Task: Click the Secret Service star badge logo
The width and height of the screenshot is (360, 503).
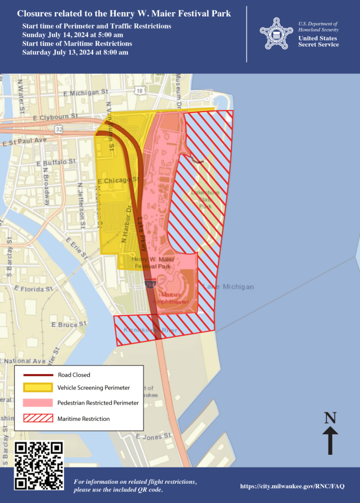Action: [276, 33]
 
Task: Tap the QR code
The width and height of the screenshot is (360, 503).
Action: [39, 465]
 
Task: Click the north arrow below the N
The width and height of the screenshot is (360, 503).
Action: [330, 440]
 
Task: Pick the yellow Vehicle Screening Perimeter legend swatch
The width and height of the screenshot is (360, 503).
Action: [37, 387]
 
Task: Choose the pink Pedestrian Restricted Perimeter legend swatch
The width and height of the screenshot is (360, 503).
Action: [37, 403]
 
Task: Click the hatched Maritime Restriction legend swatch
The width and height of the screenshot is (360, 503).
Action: [37, 418]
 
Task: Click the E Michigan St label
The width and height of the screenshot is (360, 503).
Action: [86, 92]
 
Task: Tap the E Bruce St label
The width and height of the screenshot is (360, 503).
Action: [69, 325]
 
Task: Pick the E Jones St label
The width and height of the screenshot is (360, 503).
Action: [153, 436]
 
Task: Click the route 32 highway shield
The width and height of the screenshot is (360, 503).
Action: [59, 129]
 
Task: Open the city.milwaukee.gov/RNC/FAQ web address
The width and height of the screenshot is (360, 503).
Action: [292, 486]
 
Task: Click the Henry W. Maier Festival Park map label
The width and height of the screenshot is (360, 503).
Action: [152, 263]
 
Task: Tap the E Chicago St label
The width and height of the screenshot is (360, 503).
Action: [119, 181]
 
